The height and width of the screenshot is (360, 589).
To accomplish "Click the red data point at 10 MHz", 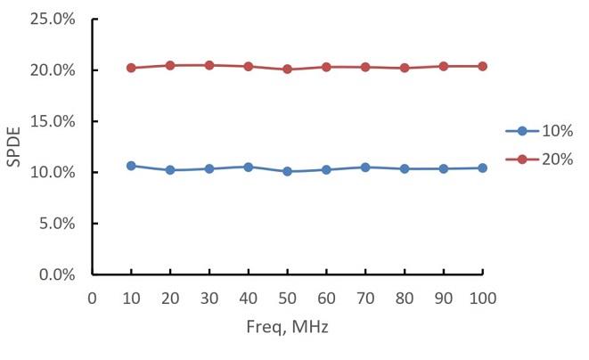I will point(131,68).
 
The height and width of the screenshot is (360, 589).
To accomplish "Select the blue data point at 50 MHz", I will point(287,171).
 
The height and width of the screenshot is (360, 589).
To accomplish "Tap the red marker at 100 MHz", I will point(483,66).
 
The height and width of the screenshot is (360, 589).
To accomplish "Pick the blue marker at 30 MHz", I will point(209,168).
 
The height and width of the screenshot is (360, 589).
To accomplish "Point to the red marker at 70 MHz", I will point(365,67).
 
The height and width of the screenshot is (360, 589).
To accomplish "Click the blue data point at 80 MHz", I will point(405,168).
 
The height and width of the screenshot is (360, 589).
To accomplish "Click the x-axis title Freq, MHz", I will point(287,328).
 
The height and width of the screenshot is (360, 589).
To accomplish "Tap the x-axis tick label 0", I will point(92,299).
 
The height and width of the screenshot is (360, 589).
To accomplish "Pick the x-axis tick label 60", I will point(326,299).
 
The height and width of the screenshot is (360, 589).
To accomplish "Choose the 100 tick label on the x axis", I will point(483,299).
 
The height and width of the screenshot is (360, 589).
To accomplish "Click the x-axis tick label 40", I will point(248,299).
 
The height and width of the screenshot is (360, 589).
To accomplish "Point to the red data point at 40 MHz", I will point(248,66).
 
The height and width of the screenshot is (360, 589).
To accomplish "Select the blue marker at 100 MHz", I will point(483,168).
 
